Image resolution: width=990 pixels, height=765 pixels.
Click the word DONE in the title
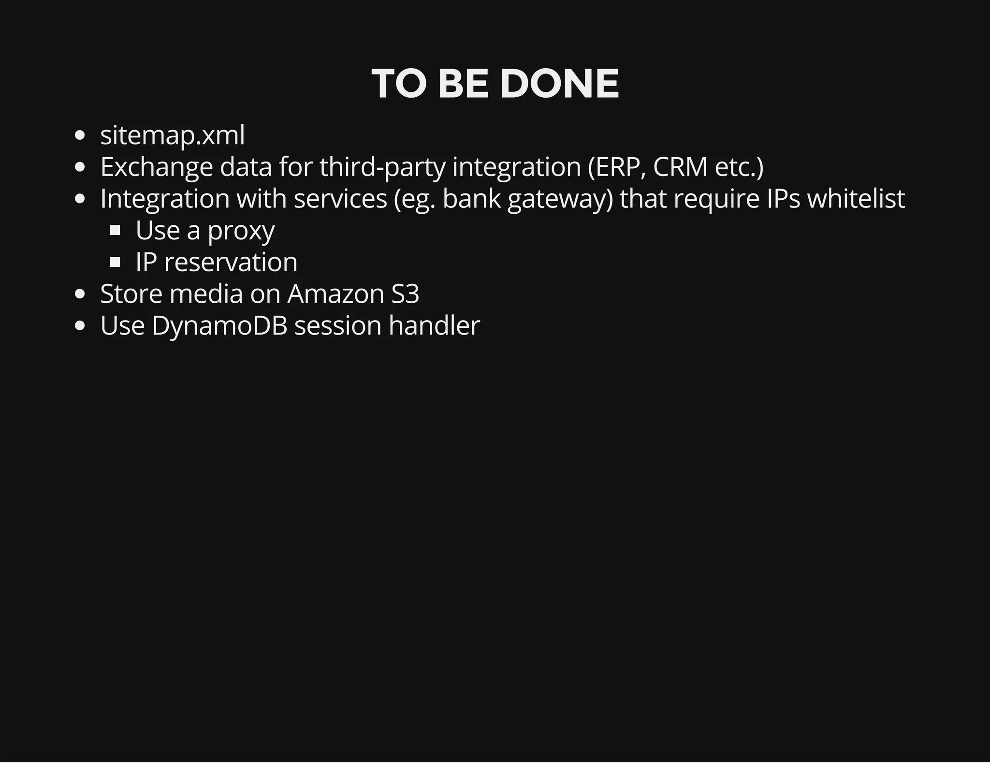point(559,84)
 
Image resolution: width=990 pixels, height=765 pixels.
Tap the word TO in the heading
point(399,84)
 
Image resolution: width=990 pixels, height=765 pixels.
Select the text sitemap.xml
point(172,135)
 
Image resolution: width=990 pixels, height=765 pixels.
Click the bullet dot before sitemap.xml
point(80,135)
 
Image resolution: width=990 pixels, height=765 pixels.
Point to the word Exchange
point(156,167)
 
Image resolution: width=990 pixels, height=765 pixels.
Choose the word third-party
point(382,167)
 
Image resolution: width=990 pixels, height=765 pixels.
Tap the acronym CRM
point(680,167)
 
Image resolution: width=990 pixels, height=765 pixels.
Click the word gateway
point(560,199)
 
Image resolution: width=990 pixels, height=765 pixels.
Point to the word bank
point(471,198)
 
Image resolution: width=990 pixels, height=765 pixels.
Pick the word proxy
point(241,231)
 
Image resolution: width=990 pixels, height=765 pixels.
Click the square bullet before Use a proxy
point(115,231)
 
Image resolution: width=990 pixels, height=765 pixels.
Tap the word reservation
point(231,262)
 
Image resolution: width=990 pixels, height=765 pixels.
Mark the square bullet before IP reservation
point(115,262)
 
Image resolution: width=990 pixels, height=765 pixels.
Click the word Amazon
point(335,294)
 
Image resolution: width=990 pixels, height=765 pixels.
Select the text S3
point(405,294)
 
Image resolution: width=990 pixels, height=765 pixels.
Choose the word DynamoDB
point(219,326)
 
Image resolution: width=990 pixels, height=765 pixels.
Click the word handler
point(434,325)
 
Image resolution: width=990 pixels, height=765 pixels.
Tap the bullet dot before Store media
point(80,294)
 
